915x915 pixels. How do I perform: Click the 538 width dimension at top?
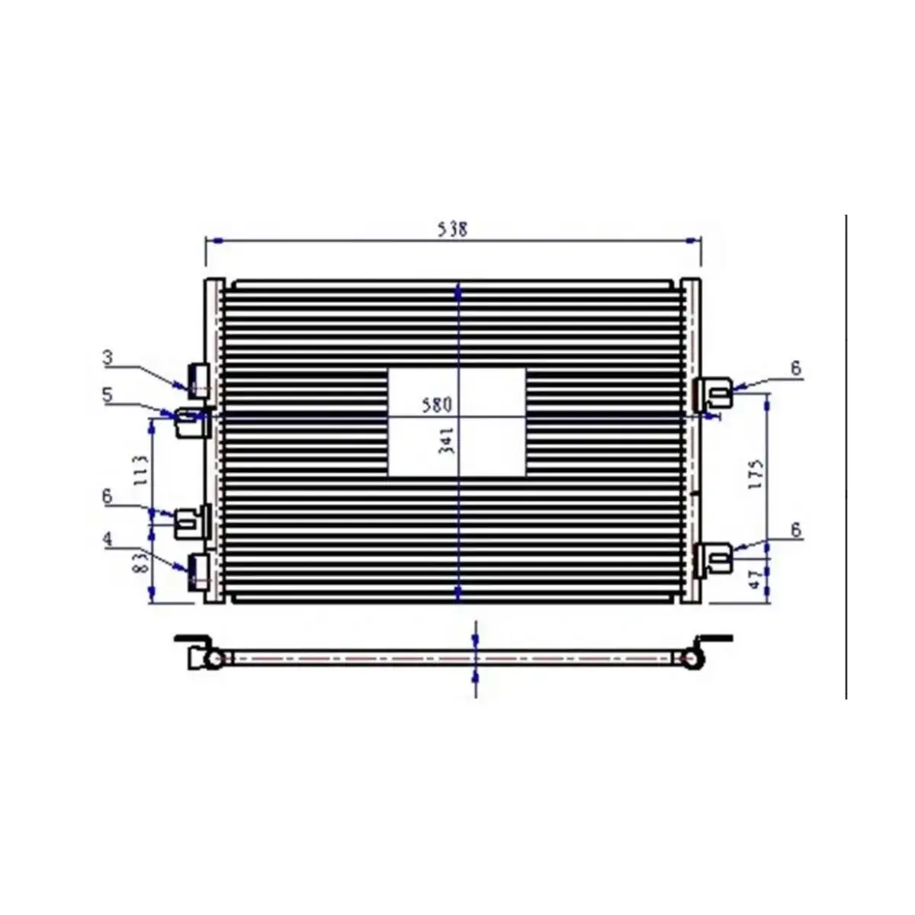453,228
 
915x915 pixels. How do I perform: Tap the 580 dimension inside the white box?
438,404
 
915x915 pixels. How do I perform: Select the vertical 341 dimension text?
447,441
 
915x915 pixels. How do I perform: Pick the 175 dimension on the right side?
756,474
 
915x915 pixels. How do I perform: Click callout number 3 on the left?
108,357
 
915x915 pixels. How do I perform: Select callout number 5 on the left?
108,394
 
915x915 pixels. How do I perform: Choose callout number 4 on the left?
108,539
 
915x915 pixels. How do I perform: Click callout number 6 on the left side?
108,496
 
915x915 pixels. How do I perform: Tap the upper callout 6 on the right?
795,369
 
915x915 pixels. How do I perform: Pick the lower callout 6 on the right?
795,530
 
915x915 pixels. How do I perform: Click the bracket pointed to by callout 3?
199,380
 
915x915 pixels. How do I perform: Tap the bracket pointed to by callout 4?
199,570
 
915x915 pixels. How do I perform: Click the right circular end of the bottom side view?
692,658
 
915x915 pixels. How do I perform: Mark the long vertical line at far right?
846,457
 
